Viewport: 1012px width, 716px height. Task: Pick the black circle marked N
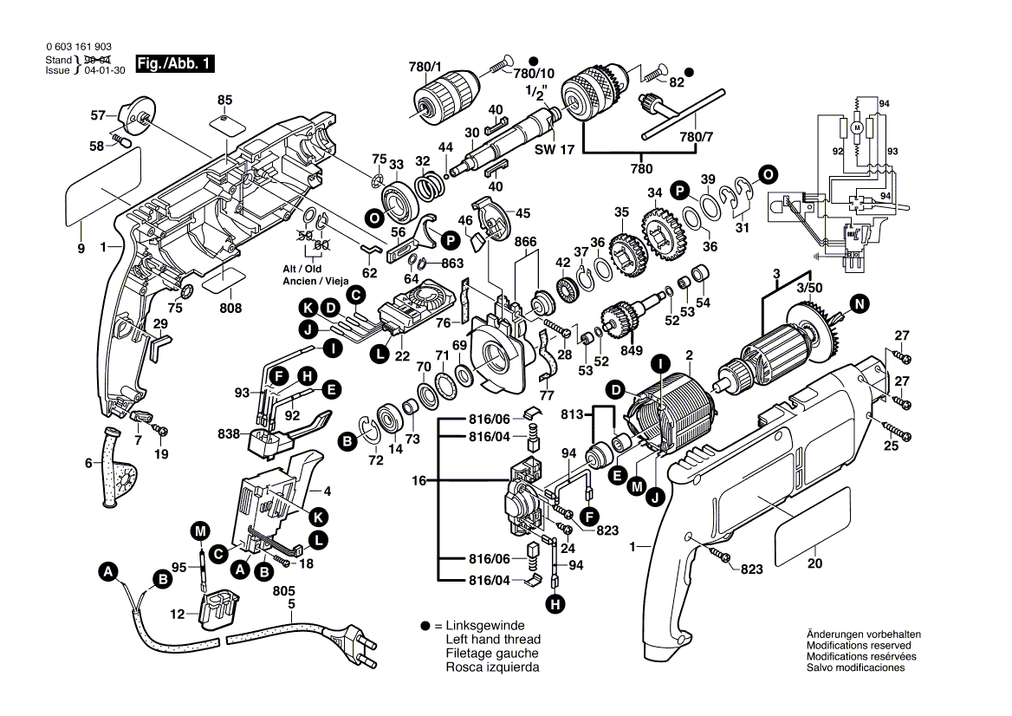[x=859, y=303]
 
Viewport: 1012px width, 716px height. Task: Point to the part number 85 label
[x=225, y=100]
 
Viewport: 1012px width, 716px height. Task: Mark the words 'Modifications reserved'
[x=858, y=646]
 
